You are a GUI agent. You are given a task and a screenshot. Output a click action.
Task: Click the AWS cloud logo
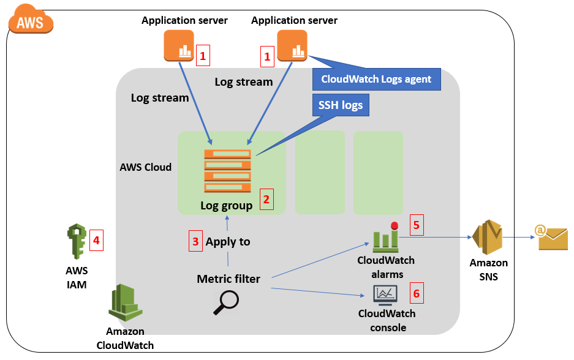30,22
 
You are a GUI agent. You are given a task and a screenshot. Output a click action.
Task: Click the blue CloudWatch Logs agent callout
376,79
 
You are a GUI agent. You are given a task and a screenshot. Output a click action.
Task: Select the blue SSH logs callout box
340,105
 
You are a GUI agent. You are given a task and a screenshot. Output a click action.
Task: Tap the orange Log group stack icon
227,171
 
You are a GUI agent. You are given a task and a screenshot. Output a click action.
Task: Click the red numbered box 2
266,199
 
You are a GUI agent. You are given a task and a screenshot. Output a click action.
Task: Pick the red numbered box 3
195,241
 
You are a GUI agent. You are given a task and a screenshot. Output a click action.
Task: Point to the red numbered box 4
96,240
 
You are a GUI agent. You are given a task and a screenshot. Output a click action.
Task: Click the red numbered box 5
417,225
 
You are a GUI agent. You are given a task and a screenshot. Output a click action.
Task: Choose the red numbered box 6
417,294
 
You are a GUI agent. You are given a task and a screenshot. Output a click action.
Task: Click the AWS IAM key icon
76,242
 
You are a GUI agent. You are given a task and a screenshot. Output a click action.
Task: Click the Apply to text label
228,242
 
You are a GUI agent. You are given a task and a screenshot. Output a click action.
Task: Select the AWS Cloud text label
146,167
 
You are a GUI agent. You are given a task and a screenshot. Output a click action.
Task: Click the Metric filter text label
228,279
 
